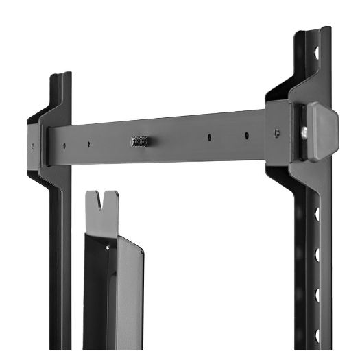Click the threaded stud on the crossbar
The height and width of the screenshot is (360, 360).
[x=139, y=141]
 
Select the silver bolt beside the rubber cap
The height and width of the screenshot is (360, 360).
[x=304, y=131]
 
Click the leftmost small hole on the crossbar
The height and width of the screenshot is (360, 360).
[x=64, y=145]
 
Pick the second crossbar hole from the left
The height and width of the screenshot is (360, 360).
[x=88, y=144]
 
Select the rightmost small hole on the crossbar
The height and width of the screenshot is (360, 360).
[x=247, y=135]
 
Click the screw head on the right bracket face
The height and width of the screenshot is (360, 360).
[x=276, y=133]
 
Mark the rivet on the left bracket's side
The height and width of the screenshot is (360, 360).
[x=32, y=145]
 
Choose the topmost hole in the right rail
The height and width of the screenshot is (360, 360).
[x=317, y=51]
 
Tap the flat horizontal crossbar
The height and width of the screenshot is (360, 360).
[x=171, y=141]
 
